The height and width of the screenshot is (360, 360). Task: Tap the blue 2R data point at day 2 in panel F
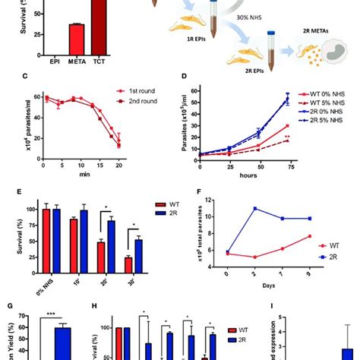pos(254,229)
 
